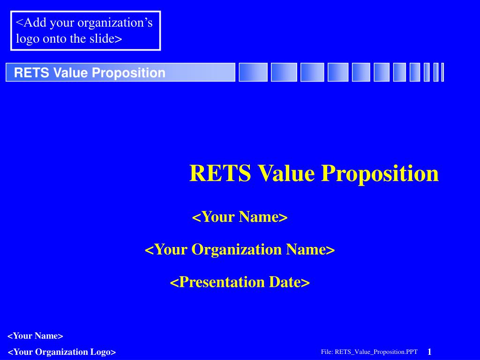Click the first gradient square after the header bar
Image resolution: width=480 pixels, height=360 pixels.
253,72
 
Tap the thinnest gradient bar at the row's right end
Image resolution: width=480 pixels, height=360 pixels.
442,72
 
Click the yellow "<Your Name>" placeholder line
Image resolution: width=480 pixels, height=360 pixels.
240,217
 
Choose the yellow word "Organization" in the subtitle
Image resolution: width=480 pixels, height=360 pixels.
237,249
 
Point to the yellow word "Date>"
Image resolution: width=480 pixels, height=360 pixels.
289,282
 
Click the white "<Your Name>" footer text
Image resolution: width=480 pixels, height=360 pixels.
35,336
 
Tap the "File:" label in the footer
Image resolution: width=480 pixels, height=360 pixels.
327,352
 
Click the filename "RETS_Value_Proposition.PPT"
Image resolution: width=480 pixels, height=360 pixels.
376,352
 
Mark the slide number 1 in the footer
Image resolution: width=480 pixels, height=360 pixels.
429,352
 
